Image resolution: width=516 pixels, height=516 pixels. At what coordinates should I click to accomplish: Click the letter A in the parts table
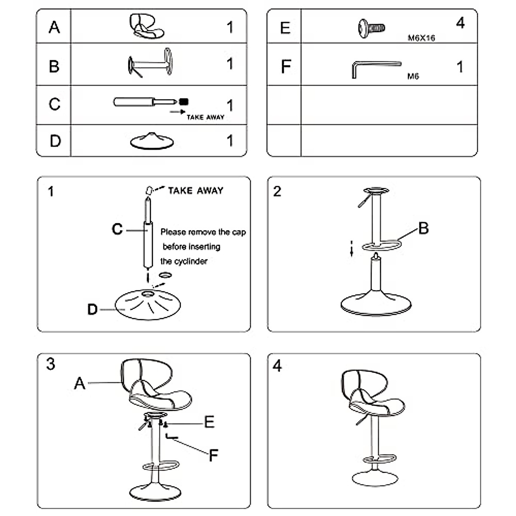pyautogui.click(x=54, y=27)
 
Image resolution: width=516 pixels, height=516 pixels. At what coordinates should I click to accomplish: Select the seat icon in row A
pyautogui.click(x=147, y=26)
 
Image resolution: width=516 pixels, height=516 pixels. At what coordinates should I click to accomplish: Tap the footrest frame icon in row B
pyautogui.click(x=150, y=64)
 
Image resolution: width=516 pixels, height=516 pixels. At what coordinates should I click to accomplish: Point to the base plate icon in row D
pyautogui.click(x=152, y=141)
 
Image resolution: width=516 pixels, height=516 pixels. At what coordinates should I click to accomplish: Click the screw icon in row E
pyautogui.click(x=371, y=28)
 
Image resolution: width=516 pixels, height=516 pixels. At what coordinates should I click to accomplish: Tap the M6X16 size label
pyautogui.click(x=421, y=38)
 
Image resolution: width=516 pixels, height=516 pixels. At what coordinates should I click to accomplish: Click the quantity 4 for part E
pyautogui.click(x=460, y=23)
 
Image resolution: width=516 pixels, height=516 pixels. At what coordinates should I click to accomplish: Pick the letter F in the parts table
pyautogui.click(x=286, y=67)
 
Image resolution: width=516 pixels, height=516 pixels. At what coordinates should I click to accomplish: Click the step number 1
pyautogui.click(x=51, y=191)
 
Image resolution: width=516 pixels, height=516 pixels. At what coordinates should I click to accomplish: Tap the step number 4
pyautogui.click(x=277, y=366)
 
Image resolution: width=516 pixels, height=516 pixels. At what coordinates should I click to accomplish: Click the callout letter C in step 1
pyautogui.click(x=117, y=229)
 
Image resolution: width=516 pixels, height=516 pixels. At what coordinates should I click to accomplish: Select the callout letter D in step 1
pyautogui.click(x=92, y=309)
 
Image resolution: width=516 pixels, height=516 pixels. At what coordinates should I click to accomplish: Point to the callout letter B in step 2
pyautogui.click(x=424, y=228)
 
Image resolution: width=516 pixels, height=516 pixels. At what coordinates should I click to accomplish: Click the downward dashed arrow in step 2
pyautogui.click(x=351, y=249)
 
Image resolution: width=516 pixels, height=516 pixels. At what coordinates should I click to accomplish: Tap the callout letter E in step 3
pyautogui.click(x=209, y=422)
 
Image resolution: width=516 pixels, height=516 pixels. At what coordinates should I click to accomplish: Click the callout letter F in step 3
pyautogui.click(x=213, y=455)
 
